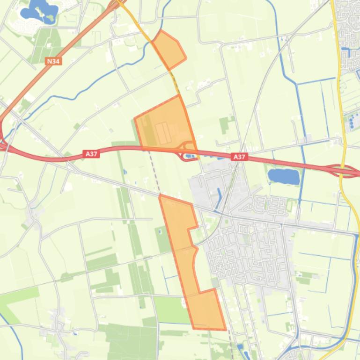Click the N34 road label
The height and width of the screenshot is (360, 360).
click(53, 61)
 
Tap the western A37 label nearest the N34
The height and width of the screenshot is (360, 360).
click(92, 153)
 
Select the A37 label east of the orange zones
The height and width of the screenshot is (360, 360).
click(239, 157)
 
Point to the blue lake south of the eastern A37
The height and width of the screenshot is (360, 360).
click(283, 176)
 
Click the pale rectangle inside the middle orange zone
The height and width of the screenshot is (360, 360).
click(162, 133)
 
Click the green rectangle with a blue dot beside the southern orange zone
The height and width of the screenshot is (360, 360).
click(162, 238)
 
